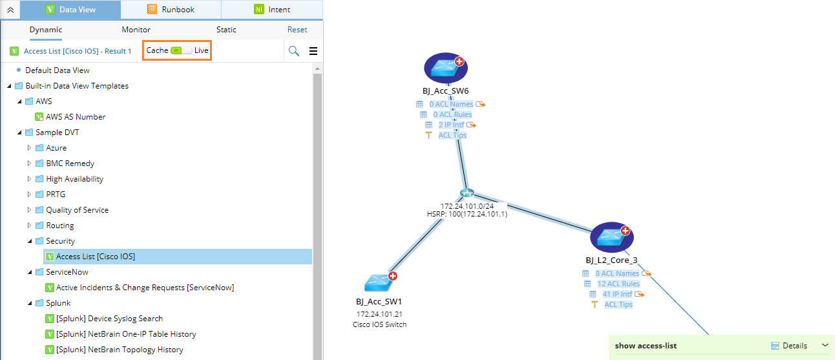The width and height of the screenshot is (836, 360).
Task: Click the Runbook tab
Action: point(171,10)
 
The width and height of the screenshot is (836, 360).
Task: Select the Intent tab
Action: point(272,10)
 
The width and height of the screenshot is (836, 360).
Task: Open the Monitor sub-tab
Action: point(136,30)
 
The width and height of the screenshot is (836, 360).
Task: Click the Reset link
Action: point(297,30)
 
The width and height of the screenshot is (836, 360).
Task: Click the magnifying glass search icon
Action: point(294,51)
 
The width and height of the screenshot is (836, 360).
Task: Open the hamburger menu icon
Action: point(313,51)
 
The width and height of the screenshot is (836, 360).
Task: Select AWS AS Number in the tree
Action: point(75,117)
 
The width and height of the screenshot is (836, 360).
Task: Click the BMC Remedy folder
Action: point(70,164)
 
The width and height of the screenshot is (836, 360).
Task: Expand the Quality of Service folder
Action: point(29,210)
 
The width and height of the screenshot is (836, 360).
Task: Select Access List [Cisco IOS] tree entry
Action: point(95,257)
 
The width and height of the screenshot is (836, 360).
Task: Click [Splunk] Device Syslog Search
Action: point(109,319)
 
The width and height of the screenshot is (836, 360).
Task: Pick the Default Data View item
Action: point(57,70)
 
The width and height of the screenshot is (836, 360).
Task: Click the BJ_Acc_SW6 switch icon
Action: point(445,68)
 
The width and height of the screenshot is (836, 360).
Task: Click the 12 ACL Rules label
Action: point(618,284)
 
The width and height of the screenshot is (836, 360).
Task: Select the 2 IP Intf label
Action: point(451,125)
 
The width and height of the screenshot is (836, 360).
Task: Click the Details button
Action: point(789,346)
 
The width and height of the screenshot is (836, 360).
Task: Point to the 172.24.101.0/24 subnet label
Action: point(466,206)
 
